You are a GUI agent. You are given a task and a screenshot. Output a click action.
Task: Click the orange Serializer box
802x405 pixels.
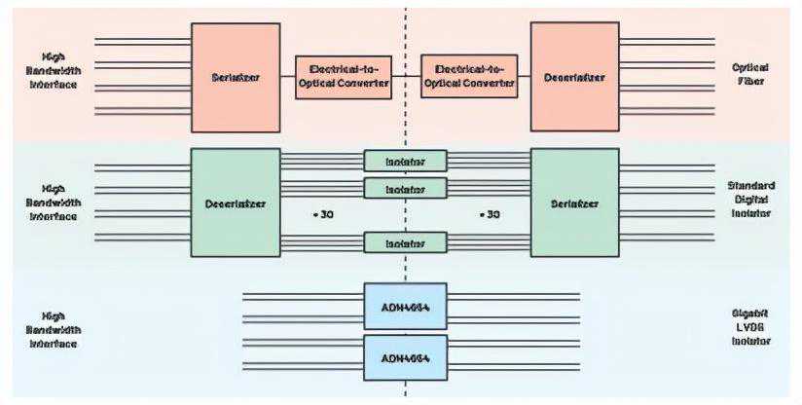236,77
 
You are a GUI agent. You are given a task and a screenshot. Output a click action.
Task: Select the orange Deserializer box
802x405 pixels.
574,77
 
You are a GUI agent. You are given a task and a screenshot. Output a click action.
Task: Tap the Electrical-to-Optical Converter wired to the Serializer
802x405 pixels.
343,77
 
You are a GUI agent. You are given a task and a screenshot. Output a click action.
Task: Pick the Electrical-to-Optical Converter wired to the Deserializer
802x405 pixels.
469,77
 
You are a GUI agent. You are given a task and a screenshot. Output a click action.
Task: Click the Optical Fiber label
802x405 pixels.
749,74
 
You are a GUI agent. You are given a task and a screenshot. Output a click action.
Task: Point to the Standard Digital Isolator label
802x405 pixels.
749,199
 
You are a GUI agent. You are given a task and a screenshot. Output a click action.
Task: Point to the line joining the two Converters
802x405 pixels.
406,77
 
